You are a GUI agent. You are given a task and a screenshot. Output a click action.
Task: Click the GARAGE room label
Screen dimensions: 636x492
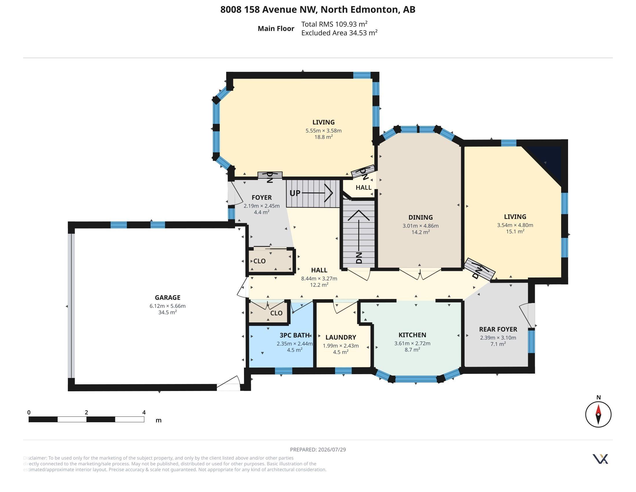[167, 298]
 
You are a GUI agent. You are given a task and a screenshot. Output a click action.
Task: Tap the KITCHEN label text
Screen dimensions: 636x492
[412, 335]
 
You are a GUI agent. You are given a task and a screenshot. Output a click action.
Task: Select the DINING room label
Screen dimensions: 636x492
[421, 217]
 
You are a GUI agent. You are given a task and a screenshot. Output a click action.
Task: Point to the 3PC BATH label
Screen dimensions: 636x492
[294, 335]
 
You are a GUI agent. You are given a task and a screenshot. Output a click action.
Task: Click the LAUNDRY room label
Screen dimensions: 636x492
[341, 337]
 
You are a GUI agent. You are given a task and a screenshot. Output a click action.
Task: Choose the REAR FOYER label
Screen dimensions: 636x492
[498, 329]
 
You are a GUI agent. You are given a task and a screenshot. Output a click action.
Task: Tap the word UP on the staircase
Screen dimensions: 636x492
[295, 193]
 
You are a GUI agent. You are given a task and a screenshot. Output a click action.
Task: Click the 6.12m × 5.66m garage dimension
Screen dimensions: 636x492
[167, 306]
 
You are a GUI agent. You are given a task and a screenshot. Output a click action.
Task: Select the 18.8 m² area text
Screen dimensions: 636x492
[323, 137]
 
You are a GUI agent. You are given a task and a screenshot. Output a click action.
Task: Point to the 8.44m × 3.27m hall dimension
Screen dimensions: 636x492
[319, 278]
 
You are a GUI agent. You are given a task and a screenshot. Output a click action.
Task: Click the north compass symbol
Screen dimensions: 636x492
[598, 414]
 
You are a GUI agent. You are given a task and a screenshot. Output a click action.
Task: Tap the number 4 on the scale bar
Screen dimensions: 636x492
[144, 412]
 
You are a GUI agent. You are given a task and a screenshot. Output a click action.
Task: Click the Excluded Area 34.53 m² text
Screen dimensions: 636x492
[339, 33]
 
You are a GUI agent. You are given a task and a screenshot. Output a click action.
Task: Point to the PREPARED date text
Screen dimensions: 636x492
[318, 449]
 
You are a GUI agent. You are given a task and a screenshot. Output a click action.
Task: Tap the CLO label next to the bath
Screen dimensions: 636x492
[276, 313]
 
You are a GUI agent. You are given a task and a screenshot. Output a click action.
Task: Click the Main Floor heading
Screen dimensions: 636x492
[276, 29]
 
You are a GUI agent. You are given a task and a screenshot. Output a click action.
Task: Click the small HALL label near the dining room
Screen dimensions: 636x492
[363, 188]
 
